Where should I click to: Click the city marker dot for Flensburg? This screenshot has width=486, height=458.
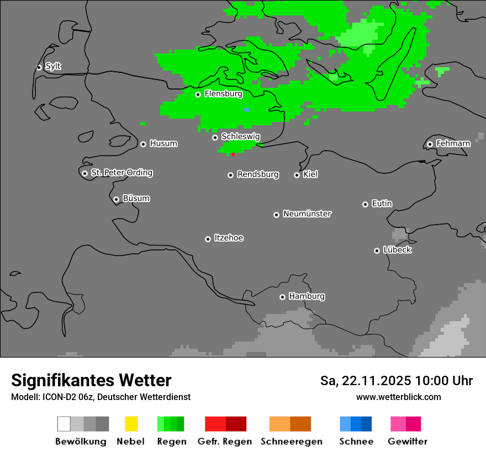198,94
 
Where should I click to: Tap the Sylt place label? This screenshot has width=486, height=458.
53,66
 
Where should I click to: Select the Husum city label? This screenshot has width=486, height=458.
163,143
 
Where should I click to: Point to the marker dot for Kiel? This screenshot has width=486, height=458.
297,175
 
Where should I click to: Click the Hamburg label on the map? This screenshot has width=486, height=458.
307,296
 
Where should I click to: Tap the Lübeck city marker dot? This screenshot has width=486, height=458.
377,251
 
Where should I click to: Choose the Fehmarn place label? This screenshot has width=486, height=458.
453,143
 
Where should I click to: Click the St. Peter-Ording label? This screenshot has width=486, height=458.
121,173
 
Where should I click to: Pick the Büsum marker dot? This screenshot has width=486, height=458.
116,199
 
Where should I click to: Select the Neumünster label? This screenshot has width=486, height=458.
307,214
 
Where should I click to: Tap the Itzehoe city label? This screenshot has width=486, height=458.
229,238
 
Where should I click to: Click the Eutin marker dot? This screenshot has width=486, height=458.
365,204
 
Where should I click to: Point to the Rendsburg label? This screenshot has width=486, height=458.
258,174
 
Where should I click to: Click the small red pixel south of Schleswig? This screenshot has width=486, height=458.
233,155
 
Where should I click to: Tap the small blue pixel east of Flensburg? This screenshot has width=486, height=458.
246,110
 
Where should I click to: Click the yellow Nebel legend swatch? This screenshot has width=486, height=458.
131,424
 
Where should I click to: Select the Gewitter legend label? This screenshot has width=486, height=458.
407,441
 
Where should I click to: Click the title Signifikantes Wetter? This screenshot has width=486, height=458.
91,380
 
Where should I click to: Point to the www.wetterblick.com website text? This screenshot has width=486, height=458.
398,397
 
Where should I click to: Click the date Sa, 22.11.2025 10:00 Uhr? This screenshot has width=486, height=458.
396,381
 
